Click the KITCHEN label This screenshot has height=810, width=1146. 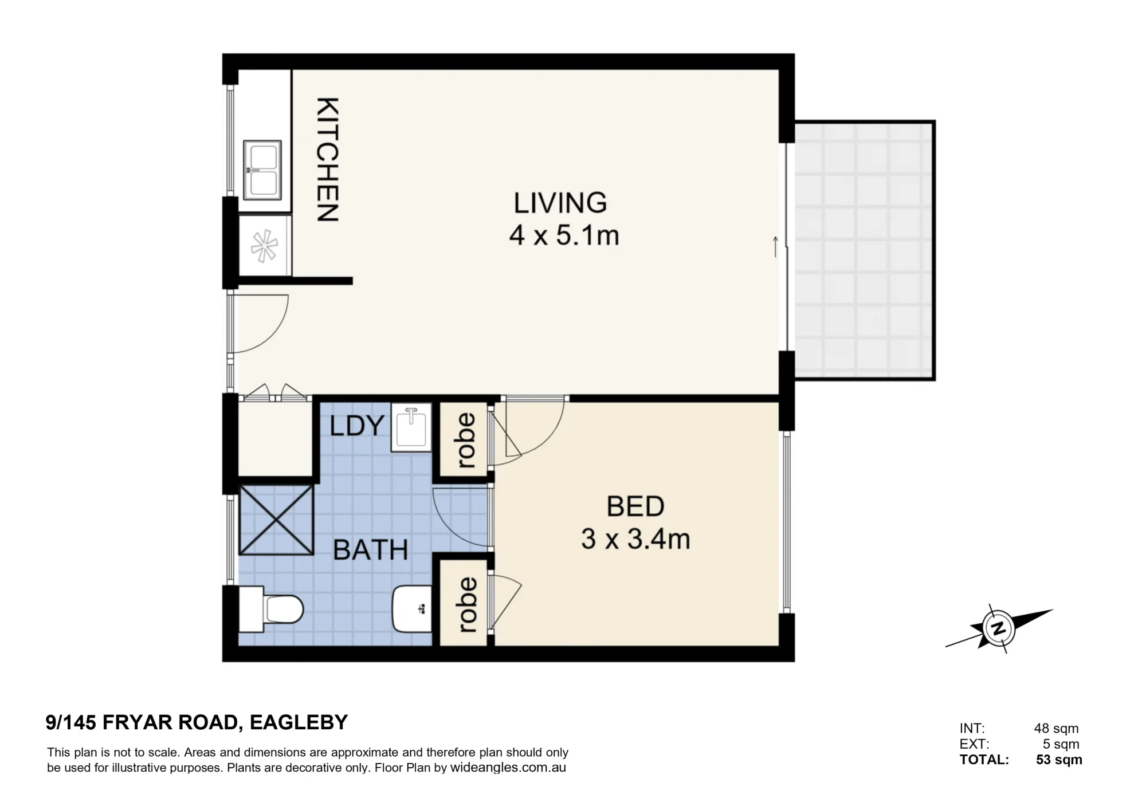(328, 160)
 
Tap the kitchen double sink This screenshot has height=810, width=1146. (262, 170)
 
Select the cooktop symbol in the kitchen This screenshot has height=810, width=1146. (265, 246)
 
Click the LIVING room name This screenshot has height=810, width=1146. (560, 203)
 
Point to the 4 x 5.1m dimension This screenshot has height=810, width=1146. (564, 235)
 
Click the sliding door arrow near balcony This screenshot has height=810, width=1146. (776, 246)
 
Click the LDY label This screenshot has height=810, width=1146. (356, 426)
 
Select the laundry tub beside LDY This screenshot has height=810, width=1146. (411, 427)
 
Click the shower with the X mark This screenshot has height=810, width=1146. (276, 520)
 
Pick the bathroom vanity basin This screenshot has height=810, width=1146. (412, 608)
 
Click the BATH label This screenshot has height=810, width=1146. (370, 551)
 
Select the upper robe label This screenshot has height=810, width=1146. (466, 441)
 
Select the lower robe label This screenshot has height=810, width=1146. (466, 605)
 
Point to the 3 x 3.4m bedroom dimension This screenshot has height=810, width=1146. (635, 539)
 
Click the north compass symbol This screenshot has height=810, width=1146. (999, 628)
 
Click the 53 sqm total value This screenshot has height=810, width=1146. (1059, 760)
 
